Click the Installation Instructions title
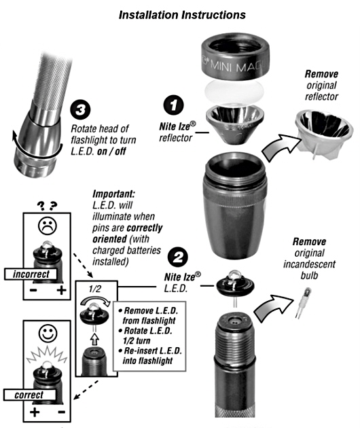(182, 15)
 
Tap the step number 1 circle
(174, 105)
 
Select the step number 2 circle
(178, 257)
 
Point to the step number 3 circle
(80, 110)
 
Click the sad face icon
(48, 226)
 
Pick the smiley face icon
(48, 333)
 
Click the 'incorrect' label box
(31, 274)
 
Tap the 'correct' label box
(30, 395)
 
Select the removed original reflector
(324, 134)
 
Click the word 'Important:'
(114, 194)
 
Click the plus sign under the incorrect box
(61, 291)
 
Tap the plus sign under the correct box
(35, 412)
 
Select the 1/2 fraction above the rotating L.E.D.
(94, 289)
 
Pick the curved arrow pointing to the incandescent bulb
(273, 308)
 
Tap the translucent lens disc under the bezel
(235, 90)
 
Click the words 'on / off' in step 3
(111, 151)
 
